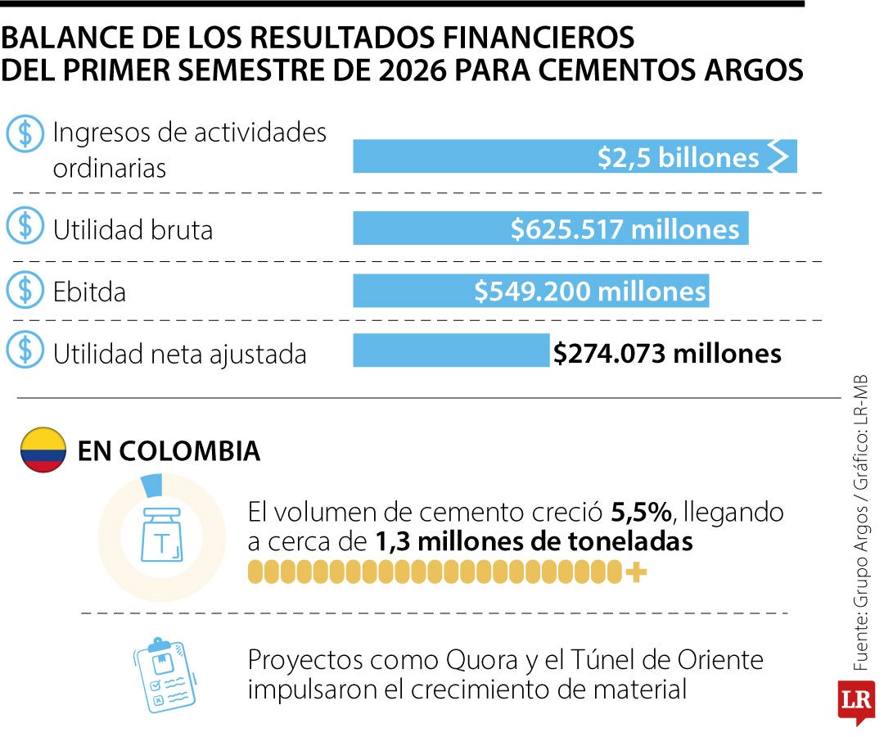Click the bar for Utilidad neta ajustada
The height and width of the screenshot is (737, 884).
coord(451,350)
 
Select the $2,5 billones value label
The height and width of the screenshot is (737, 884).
coord(679,157)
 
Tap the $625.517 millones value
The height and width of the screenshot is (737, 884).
coord(625,229)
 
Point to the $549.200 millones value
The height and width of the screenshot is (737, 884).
coord(589,292)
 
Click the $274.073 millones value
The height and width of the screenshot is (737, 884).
coord(668,354)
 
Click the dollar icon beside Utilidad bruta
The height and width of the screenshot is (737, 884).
coord(25,225)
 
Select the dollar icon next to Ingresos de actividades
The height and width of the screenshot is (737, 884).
coord(25,133)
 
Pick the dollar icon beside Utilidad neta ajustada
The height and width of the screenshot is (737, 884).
coord(25,349)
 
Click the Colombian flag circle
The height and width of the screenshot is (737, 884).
coord(43,450)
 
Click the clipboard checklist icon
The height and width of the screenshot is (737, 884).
coord(165,675)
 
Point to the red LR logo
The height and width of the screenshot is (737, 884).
coord(856,702)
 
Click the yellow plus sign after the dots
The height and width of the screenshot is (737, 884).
coord(636,572)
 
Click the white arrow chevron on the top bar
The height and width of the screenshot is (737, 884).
coord(778,156)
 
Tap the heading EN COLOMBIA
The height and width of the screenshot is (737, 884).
coord(169,451)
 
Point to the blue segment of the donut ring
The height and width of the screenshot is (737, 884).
coord(151,486)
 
